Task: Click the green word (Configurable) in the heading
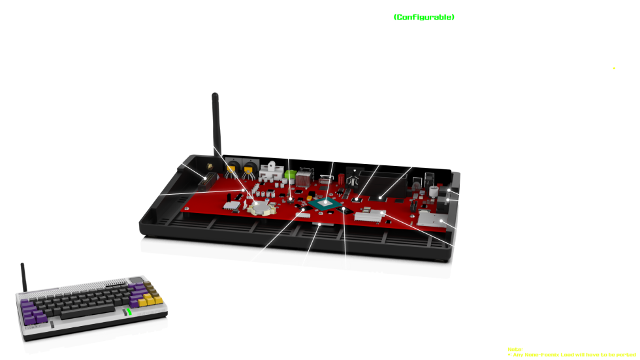[424, 16]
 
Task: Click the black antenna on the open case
[214, 121]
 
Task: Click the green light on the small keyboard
[129, 312]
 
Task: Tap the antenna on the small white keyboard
[24, 276]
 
